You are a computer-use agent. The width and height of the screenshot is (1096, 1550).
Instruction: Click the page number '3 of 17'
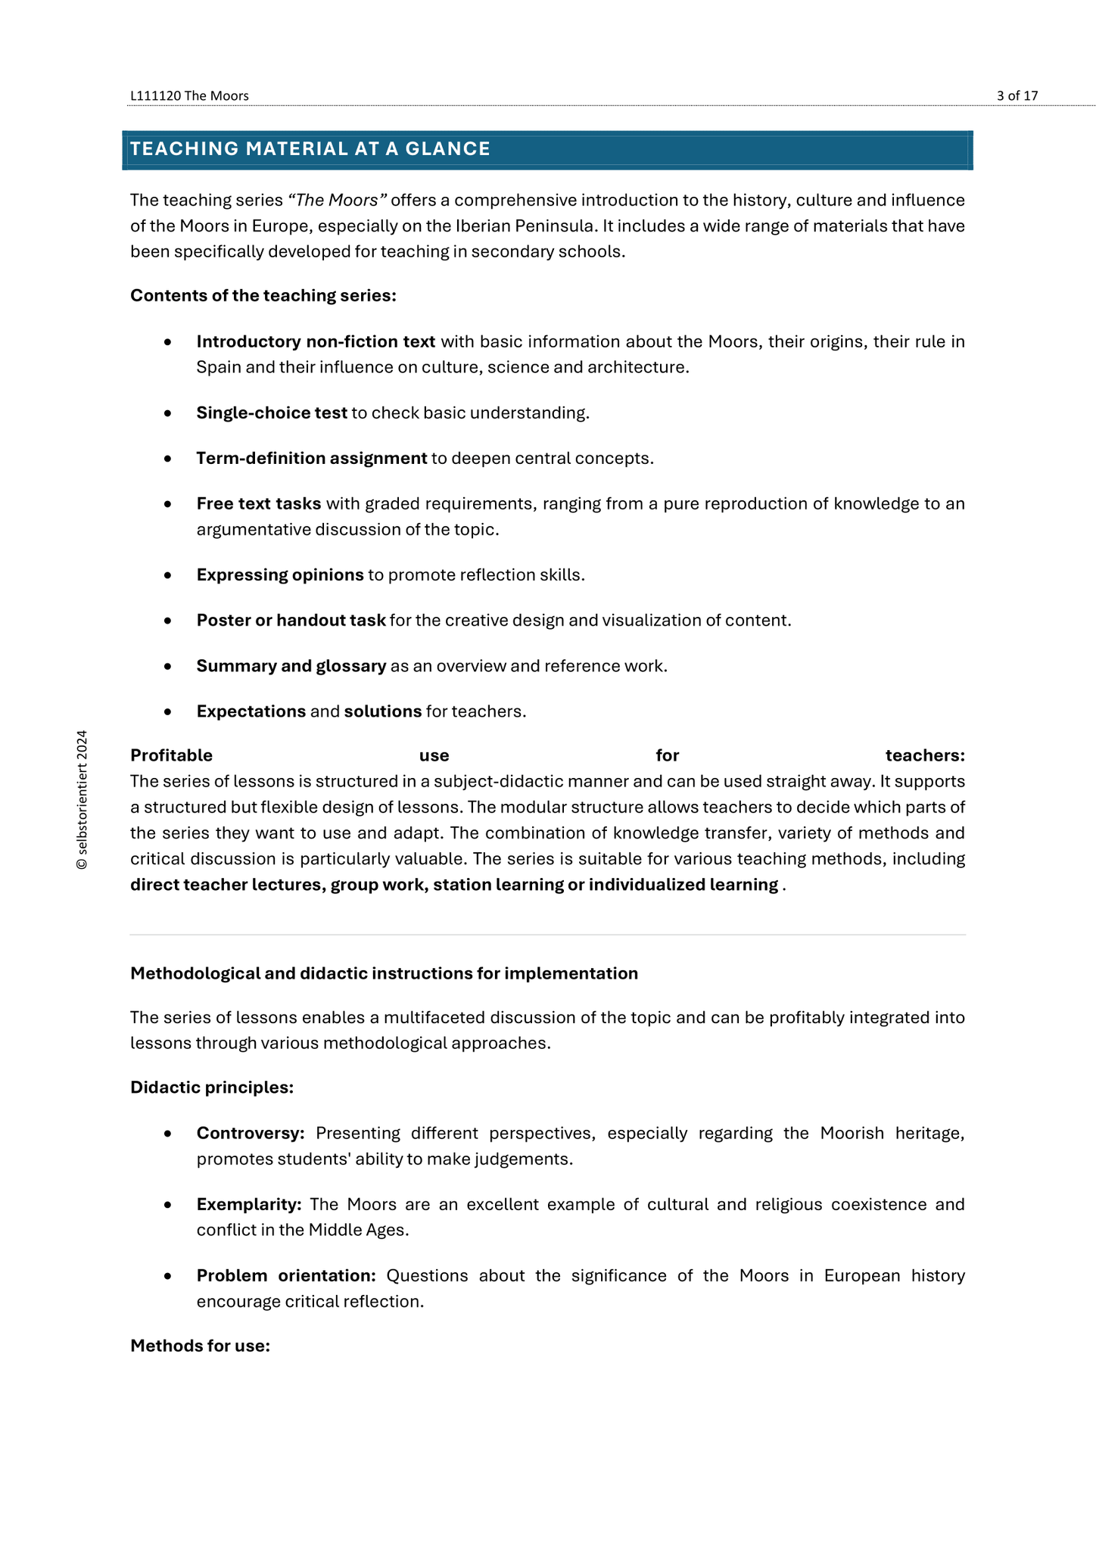[1017, 95]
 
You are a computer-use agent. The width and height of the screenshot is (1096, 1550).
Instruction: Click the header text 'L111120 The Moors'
[189, 95]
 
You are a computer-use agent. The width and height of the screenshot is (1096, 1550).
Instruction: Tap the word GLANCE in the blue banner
[448, 149]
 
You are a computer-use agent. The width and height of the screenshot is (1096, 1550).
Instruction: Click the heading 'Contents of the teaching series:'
[263, 295]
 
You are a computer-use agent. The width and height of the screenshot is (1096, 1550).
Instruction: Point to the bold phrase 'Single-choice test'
[272, 413]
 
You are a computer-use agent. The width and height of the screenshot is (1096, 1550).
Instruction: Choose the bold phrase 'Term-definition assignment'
[311, 459]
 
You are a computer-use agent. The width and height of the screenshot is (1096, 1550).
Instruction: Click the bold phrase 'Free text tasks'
[259, 504]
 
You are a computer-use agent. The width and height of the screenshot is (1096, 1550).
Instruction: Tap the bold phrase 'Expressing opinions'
[280, 575]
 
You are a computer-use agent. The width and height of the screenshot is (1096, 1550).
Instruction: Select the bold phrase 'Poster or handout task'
[291, 621]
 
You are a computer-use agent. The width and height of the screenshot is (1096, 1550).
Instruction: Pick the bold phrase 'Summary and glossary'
[291, 666]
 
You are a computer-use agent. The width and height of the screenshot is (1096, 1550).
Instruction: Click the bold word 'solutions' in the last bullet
[382, 711]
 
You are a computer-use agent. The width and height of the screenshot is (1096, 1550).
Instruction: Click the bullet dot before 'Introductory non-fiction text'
[167, 343]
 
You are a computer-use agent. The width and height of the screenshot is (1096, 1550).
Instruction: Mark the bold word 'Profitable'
[171, 755]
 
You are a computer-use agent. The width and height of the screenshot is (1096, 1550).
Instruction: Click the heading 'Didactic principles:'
[212, 1088]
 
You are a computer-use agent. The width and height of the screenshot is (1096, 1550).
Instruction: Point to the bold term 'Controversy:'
[251, 1133]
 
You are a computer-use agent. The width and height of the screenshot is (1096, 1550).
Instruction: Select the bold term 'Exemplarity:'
[249, 1204]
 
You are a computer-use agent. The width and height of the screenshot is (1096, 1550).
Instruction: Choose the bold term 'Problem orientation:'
[286, 1275]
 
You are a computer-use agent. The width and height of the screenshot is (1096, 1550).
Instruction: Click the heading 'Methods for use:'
[200, 1346]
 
